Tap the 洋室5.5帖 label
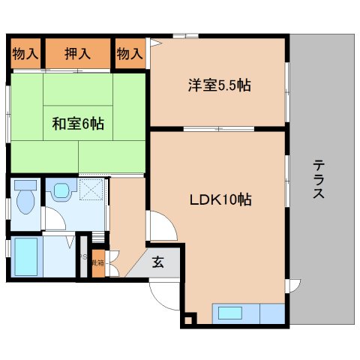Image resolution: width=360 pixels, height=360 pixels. click(218, 85)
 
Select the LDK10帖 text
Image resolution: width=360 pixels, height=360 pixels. click(218, 200)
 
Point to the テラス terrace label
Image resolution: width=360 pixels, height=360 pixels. click(319, 180)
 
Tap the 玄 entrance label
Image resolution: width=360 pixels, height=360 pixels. click(159, 262)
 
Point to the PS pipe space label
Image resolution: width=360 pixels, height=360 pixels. click(83, 257)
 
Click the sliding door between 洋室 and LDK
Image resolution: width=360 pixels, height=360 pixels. click(217, 129)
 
